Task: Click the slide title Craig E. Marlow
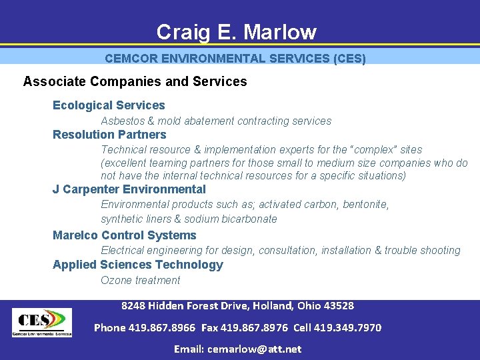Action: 236,31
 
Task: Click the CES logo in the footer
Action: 41,322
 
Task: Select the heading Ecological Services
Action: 109,105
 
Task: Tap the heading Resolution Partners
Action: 109,135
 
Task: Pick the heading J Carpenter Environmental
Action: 129,189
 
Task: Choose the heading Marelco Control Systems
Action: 125,235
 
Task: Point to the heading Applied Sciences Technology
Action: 138,265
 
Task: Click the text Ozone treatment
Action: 140,281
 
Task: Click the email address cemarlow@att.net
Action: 254,349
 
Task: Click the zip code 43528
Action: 339,306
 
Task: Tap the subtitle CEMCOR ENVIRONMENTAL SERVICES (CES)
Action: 235,59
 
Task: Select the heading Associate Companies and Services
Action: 135,82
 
